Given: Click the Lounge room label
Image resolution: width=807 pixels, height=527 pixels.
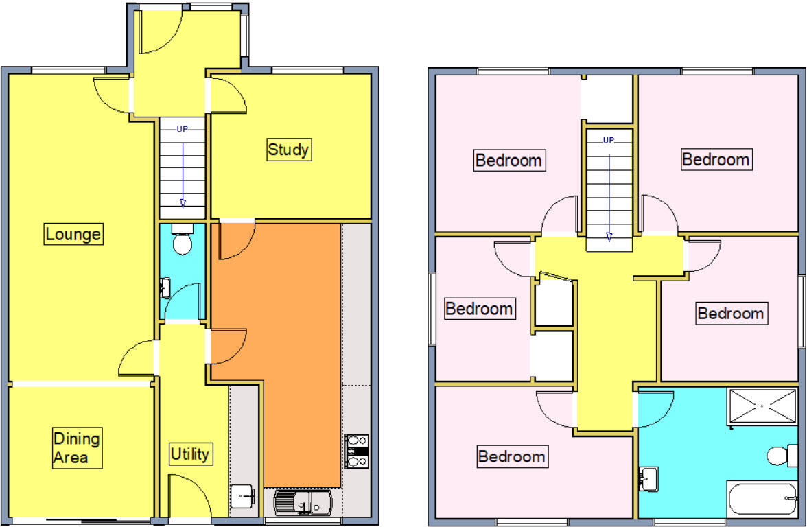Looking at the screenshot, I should coord(73,235).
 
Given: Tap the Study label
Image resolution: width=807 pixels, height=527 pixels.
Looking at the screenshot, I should coord(288,150).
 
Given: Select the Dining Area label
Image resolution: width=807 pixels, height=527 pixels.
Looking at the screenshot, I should coord(77,448).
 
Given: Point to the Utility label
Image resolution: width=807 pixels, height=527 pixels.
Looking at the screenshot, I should coord(189,454).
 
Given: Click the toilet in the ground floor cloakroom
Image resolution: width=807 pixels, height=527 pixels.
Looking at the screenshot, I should coord(182,239).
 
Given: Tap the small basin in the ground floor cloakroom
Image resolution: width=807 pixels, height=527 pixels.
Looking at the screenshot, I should coord(165,287).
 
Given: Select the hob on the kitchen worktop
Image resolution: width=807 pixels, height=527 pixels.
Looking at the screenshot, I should coord(356,450).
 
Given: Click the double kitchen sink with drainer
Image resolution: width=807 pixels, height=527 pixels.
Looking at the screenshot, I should coord(303,503).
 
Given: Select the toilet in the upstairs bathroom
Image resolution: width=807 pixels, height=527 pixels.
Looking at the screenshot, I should coord(782,455).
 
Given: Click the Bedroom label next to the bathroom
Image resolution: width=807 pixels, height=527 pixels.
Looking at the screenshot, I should coord(512,456).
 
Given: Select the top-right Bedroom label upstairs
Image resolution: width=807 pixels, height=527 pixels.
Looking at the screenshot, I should coord(716,159).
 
